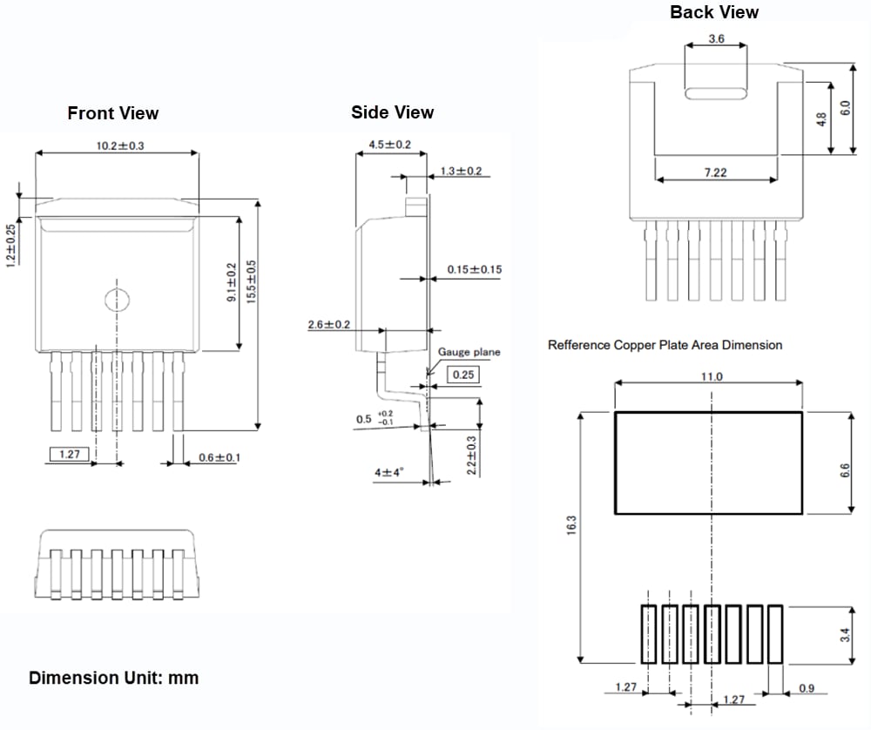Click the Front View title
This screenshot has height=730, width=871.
tap(113, 113)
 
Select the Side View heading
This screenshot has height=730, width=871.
tap(392, 112)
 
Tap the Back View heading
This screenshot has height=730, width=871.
tap(714, 12)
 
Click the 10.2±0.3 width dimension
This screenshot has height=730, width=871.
tap(120, 145)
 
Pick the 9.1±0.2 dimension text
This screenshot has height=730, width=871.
tap(232, 282)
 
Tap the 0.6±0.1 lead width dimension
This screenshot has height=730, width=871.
tap(219, 457)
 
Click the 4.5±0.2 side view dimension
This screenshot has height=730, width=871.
tap(389, 144)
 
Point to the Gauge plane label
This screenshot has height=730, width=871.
tap(469, 352)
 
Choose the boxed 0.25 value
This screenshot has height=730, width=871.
tap(463, 375)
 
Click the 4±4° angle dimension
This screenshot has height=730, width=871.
tap(389, 472)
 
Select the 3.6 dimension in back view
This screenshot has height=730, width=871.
tap(716, 39)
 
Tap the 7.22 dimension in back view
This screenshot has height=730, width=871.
tap(715, 172)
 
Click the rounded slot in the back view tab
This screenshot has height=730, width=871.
tap(716, 94)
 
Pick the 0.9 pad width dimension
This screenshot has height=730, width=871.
tap(806, 688)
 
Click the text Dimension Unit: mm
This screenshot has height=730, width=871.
tap(114, 678)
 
